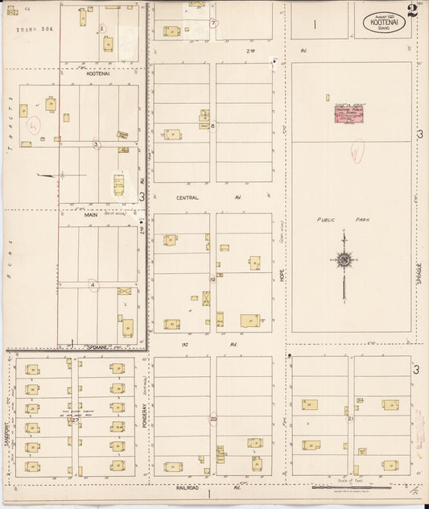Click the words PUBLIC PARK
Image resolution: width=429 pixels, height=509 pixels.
click(x=336, y=219)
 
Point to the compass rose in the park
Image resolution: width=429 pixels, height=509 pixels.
click(x=344, y=259)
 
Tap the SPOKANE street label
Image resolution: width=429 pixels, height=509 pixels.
click(x=101, y=347)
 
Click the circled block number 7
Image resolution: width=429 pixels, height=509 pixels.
click(x=213, y=23)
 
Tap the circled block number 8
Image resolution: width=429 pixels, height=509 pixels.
click(x=212, y=125)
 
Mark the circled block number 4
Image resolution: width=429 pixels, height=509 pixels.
click(x=93, y=284)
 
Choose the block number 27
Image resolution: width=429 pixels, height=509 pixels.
click(x=75, y=420)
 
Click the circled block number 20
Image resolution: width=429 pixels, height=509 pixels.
click(x=213, y=419)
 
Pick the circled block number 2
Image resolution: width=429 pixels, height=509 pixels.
click(x=102, y=28)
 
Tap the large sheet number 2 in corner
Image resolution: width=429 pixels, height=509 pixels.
click(x=411, y=12)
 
